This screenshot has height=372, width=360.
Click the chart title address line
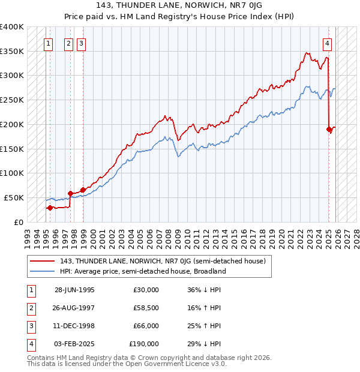point(179,6)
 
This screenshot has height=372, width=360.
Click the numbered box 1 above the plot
point(48,43)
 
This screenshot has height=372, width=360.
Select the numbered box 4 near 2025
point(328,43)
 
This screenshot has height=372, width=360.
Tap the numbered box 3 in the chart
point(81,43)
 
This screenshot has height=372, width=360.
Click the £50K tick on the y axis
point(14,197)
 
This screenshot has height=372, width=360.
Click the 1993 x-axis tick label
point(27,235)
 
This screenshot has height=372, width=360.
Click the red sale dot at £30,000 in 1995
point(50,208)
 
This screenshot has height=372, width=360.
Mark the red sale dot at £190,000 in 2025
point(329,129)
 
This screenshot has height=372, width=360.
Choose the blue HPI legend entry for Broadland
point(143,271)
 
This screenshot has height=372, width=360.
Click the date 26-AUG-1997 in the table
point(74,308)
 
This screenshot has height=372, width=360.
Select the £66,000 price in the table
point(144,326)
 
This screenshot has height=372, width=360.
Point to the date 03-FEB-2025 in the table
point(74,344)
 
